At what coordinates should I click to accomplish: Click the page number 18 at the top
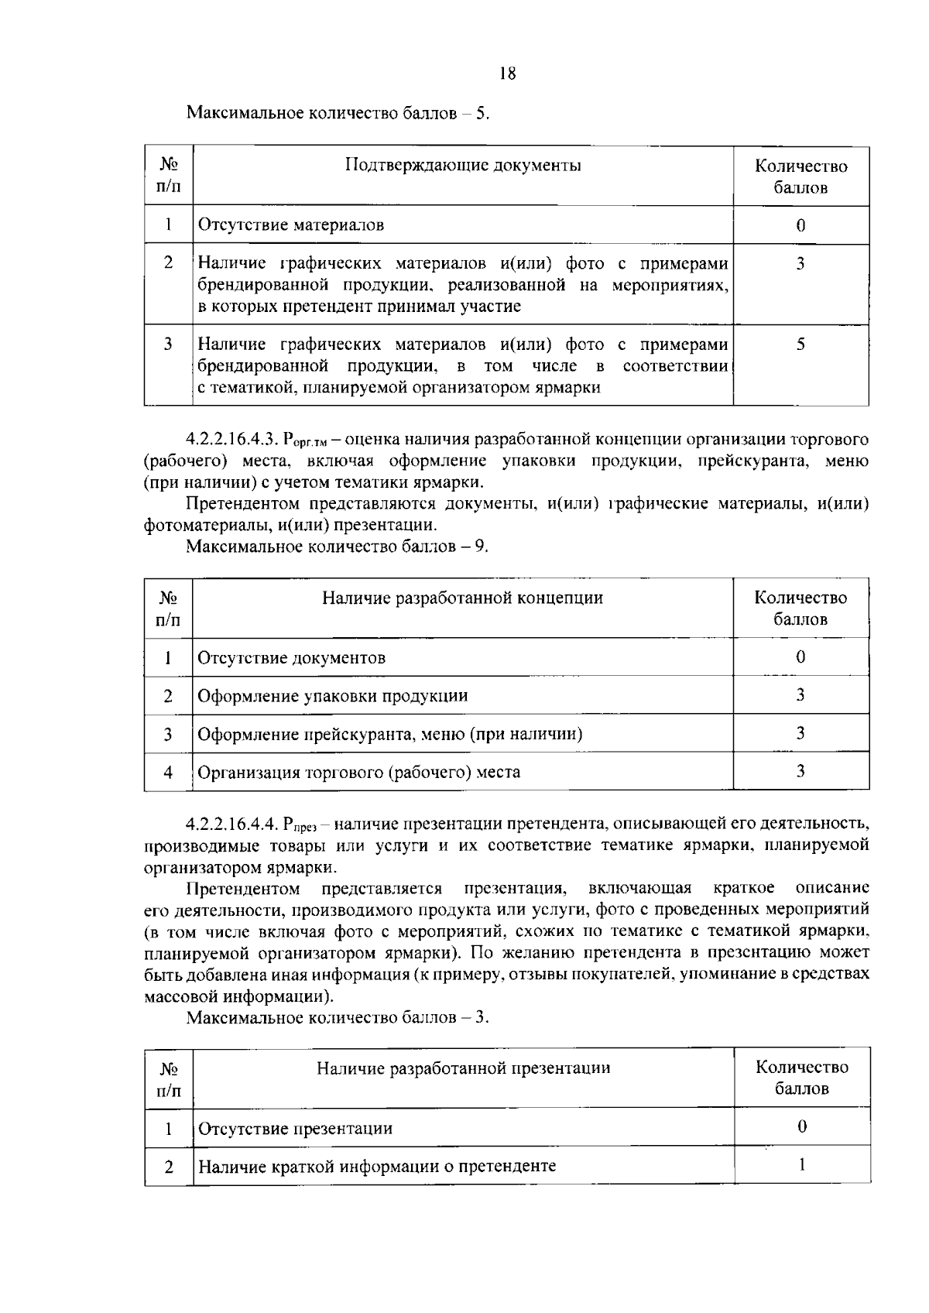point(508,74)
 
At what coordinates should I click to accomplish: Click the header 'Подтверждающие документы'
point(462,165)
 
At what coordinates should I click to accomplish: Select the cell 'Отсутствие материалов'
point(291,225)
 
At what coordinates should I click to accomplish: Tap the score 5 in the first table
point(800,345)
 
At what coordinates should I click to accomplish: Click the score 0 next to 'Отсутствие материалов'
point(800,225)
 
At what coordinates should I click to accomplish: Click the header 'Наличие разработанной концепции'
point(462,598)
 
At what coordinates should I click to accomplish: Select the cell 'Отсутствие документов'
point(292,658)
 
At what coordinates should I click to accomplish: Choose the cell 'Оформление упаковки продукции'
point(333,696)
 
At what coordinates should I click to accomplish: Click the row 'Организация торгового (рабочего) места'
point(359,772)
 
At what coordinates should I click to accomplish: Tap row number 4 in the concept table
point(168,772)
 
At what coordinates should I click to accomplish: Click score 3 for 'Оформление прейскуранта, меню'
point(800,733)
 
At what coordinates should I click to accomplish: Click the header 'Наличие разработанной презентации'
point(463,1068)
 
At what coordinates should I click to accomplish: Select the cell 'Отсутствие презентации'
point(296,1129)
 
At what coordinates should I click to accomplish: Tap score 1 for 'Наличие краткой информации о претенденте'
point(801,1165)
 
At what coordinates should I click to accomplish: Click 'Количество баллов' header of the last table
point(801,1078)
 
